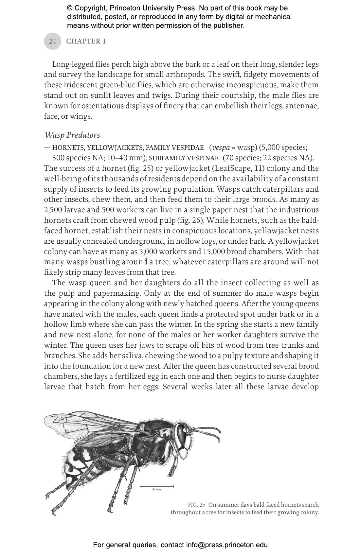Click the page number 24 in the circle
52,41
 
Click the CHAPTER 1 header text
86,41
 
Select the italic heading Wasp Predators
72,135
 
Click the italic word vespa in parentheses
221,148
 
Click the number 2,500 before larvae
54,210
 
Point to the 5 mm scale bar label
157,490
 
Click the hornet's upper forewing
85,422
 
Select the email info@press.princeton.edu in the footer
227,545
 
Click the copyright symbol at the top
70,8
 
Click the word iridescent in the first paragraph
77,85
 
